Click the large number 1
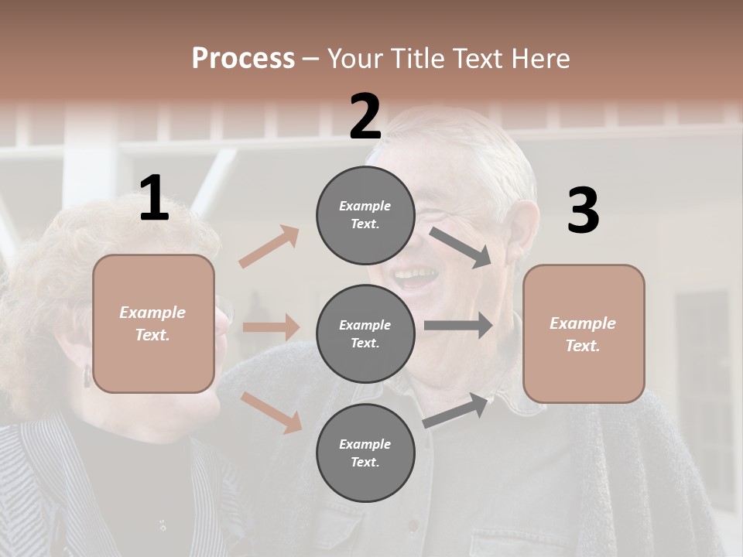(x=154, y=199)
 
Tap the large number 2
(x=365, y=117)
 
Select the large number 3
(x=583, y=211)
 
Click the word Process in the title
(x=243, y=58)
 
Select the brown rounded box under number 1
(x=153, y=323)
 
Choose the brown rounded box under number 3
(x=584, y=334)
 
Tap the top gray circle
(x=365, y=215)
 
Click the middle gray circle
(x=365, y=334)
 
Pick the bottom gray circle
(x=365, y=453)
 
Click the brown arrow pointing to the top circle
(x=269, y=246)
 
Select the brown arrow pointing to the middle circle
(x=271, y=327)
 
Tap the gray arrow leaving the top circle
(x=461, y=248)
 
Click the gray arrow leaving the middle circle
(x=458, y=326)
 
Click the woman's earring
(x=87, y=376)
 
